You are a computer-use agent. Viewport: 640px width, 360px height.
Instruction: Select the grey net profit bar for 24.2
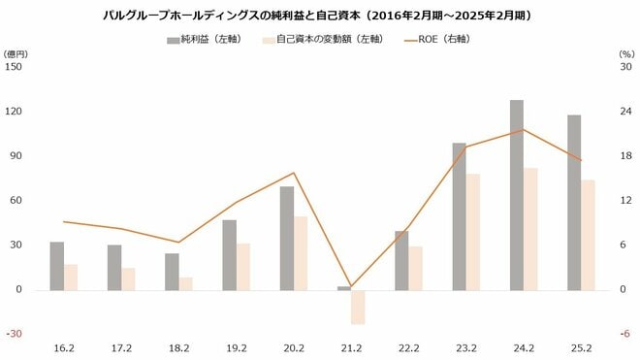(x=517, y=194)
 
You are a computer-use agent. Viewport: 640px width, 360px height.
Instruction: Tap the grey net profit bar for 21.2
(x=344, y=287)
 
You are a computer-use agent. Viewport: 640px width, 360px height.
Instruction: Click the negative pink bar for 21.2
(x=358, y=307)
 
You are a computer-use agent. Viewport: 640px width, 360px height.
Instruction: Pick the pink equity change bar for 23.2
(x=473, y=231)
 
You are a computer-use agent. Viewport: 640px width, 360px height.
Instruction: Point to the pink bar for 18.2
(x=186, y=283)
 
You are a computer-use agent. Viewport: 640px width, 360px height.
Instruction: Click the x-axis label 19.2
(x=237, y=348)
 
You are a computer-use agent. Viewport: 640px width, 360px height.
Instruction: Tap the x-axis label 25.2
(x=581, y=348)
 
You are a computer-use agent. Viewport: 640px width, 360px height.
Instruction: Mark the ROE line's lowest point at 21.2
(x=351, y=285)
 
